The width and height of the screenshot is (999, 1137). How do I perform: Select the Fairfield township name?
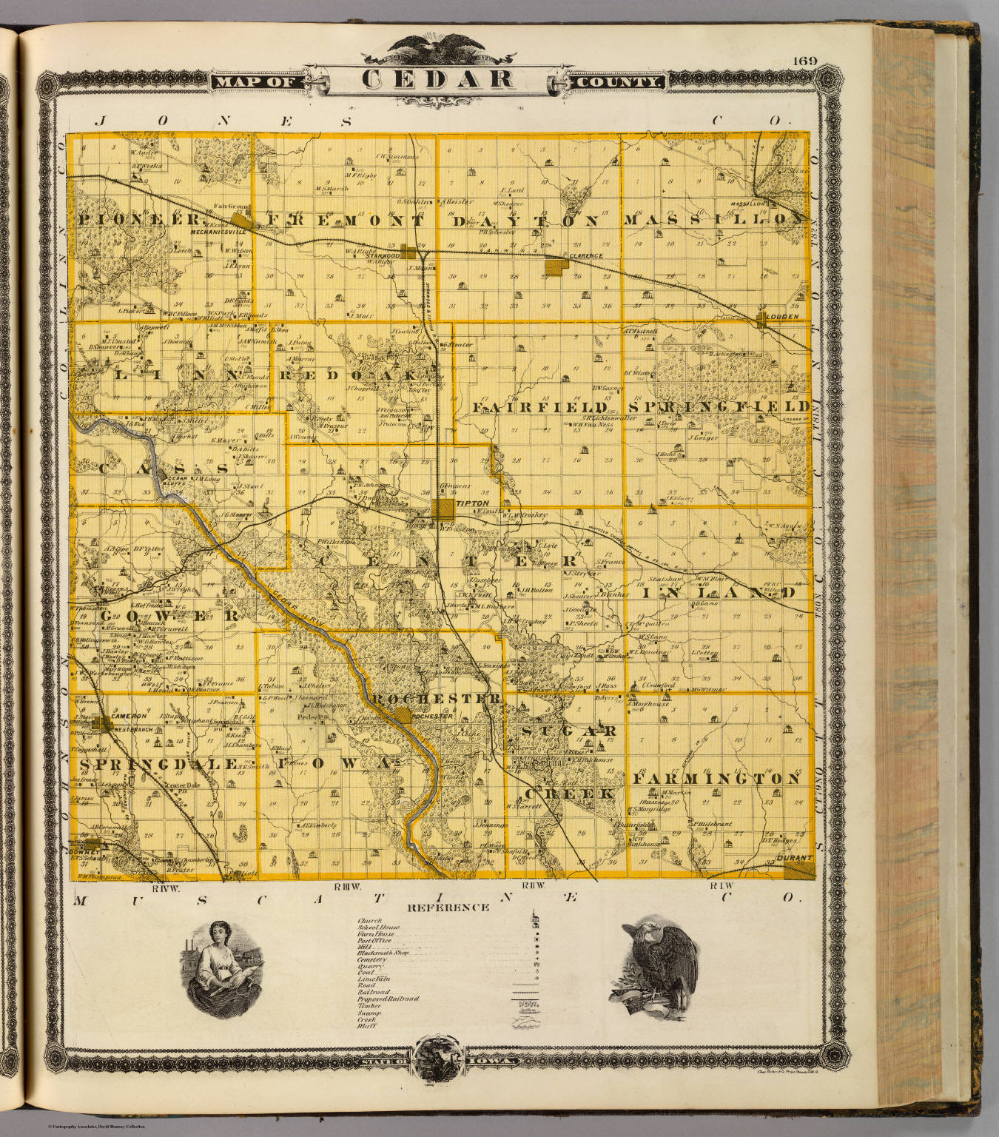(540, 408)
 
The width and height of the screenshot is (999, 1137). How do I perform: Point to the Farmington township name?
(716, 779)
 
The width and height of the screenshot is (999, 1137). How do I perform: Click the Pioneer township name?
(139, 220)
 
